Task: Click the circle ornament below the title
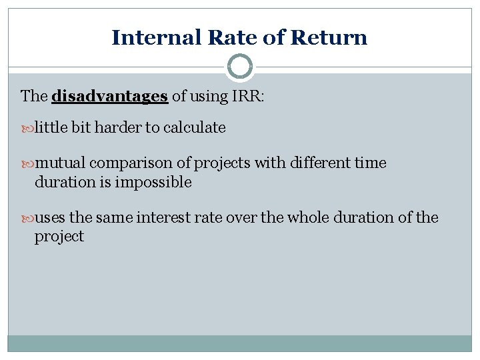tap(240, 67)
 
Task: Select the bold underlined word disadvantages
tap(109, 96)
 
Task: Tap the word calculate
tap(193, 127)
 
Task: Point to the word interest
tap(163, 218)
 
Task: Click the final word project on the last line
tap(59, 237)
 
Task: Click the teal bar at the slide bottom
tap(240, 343)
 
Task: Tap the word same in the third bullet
tap(115, 218)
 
